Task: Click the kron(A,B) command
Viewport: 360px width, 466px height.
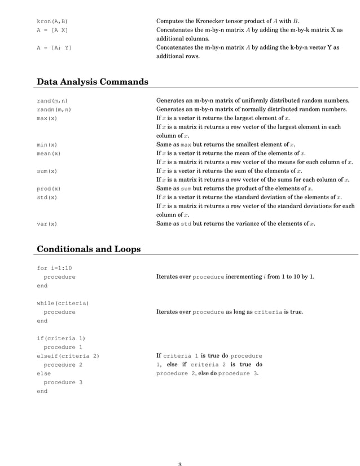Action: coord(52,21)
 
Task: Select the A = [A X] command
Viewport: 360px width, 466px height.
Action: coord(52,30)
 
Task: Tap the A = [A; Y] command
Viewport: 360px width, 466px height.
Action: coord(54,48)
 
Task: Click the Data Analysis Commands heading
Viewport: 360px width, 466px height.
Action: coord(93,82)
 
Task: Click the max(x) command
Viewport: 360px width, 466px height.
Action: coord(47,118)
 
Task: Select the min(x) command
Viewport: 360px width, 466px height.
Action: coord(47,145)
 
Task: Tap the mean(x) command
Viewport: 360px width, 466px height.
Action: coord(49,153)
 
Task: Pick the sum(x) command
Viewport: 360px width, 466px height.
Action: coord(47,171)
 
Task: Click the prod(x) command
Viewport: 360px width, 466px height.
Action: coord(49,188)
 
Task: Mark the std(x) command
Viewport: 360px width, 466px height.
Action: coord(47,197)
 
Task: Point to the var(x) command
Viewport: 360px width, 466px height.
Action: coord(47,224)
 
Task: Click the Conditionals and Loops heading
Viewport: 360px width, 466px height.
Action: coord(89,249)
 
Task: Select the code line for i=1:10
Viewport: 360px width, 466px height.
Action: coord(54,268)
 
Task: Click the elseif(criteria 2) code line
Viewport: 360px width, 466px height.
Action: coord(68,356)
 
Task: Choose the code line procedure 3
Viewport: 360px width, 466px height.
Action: coord(63,383)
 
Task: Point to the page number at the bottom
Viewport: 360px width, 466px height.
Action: coord(179,464)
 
